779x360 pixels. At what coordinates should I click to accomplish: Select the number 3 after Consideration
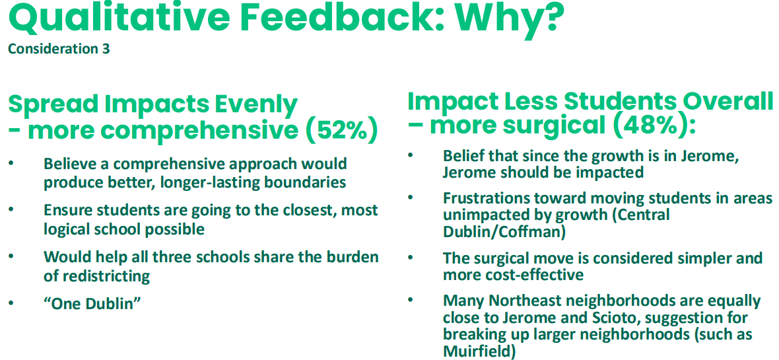pyautogui.click(x=106, y=50)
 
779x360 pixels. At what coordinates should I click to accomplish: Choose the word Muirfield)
pyautogui.click(x=478, y=351)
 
